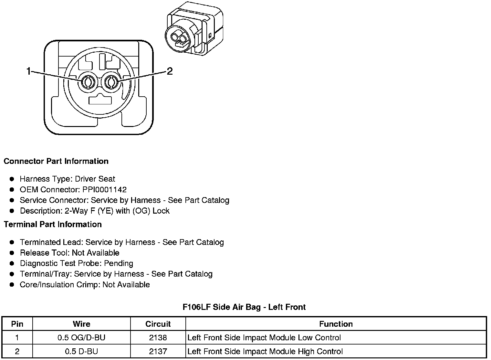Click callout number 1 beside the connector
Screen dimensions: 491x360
(x=29, y=71)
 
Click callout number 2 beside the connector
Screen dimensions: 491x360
(x=170, y=71)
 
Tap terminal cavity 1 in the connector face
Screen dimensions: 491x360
(x=87, y=82)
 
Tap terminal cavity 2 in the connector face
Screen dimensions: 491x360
(x=111, y=82)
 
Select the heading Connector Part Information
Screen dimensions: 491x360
(x=56, y=161)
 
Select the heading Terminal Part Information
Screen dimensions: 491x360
(x=53, y=225)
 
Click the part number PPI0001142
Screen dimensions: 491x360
(x=104, y=190)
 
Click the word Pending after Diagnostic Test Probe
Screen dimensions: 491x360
(x=119, y=263)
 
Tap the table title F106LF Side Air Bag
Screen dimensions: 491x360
(x=244, y=307)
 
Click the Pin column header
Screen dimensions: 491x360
(x=17, y=324)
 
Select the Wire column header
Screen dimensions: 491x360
(x=81, y=324)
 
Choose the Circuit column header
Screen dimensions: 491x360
(x=158, y=324)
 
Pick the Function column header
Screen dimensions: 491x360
(x=336, y=324)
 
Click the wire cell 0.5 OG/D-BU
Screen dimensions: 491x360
(x=81, y=338)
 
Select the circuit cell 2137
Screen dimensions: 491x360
(x=158, y=351)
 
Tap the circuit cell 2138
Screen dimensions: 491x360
(x=158, y=338)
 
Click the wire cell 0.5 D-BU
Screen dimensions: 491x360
(x=81, y=351)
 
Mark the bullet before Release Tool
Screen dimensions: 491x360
(x=12, y=253)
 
